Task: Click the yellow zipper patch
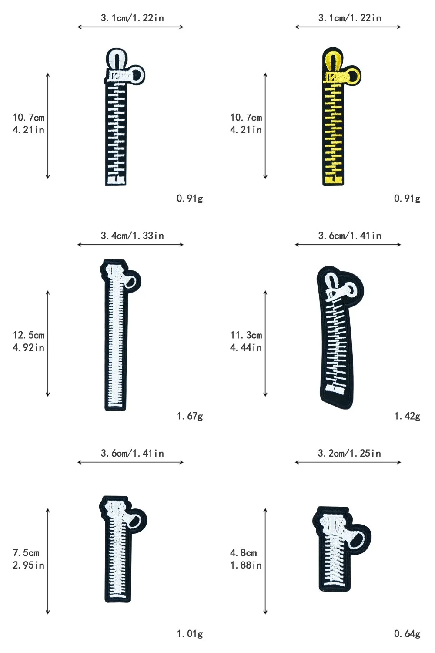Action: (x=333, y=122)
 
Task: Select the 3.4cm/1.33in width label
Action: (x=132, y=236)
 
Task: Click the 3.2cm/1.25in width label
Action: (x=349, y=453)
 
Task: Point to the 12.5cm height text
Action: (x=29, y=335)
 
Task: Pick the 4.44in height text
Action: (x=246, y=347)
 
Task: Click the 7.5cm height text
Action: (x=26, y=553)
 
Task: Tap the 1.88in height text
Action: (x=246, y=565)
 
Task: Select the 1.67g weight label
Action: (x=190, y=416)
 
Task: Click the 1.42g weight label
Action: (x=407, y=416)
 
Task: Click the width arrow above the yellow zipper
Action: (x=348, y=27)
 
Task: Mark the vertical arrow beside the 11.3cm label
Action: (x=265, y=343)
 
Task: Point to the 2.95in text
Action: (x=29, y=565)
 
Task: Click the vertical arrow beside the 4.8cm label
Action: (x=265, y=561)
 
